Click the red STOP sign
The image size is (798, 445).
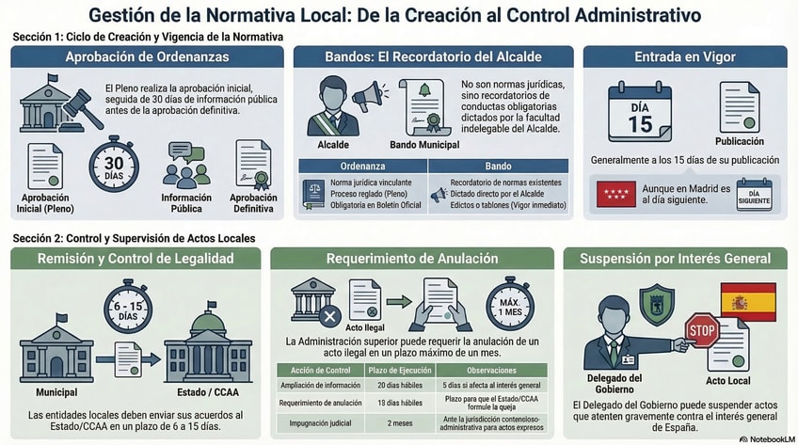point(701,330)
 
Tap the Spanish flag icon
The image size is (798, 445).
point(747,303)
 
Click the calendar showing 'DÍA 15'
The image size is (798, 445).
point(640,114)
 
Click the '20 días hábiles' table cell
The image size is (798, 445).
point(389,385)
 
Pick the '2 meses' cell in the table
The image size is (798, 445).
point(389,423)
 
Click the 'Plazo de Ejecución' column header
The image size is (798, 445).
point(389,369)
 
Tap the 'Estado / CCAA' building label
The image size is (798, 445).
point(208,390)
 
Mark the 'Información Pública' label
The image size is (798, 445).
point(185,203)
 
